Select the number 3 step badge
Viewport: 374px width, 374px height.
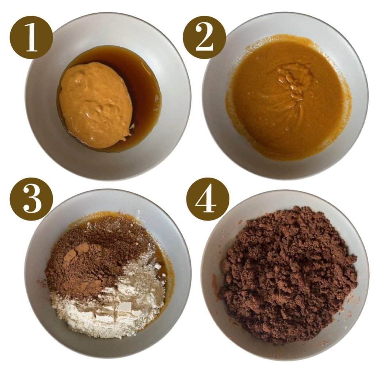click(x=31, y=199)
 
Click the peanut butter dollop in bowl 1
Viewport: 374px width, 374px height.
click(x=96, y=104)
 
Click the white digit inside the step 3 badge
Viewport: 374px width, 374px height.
click(x=31, y=199)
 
